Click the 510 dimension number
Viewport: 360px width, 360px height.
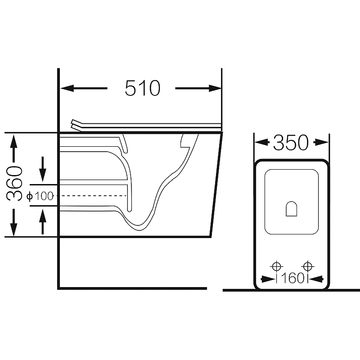(142, 88)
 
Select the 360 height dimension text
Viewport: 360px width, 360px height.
(14, 183)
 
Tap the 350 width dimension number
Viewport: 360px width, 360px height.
(291, 143)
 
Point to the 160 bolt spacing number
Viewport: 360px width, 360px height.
(292, 278)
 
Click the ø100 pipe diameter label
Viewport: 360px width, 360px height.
(40, 196)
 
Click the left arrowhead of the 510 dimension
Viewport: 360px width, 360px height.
(67, 88)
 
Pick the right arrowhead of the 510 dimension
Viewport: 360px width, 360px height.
(215, 88)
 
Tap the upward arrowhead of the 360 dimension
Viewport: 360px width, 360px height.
(14, 141)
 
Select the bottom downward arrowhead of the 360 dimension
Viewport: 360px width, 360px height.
(14, 229)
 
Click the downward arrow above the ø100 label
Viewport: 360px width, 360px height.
(43, 169)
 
